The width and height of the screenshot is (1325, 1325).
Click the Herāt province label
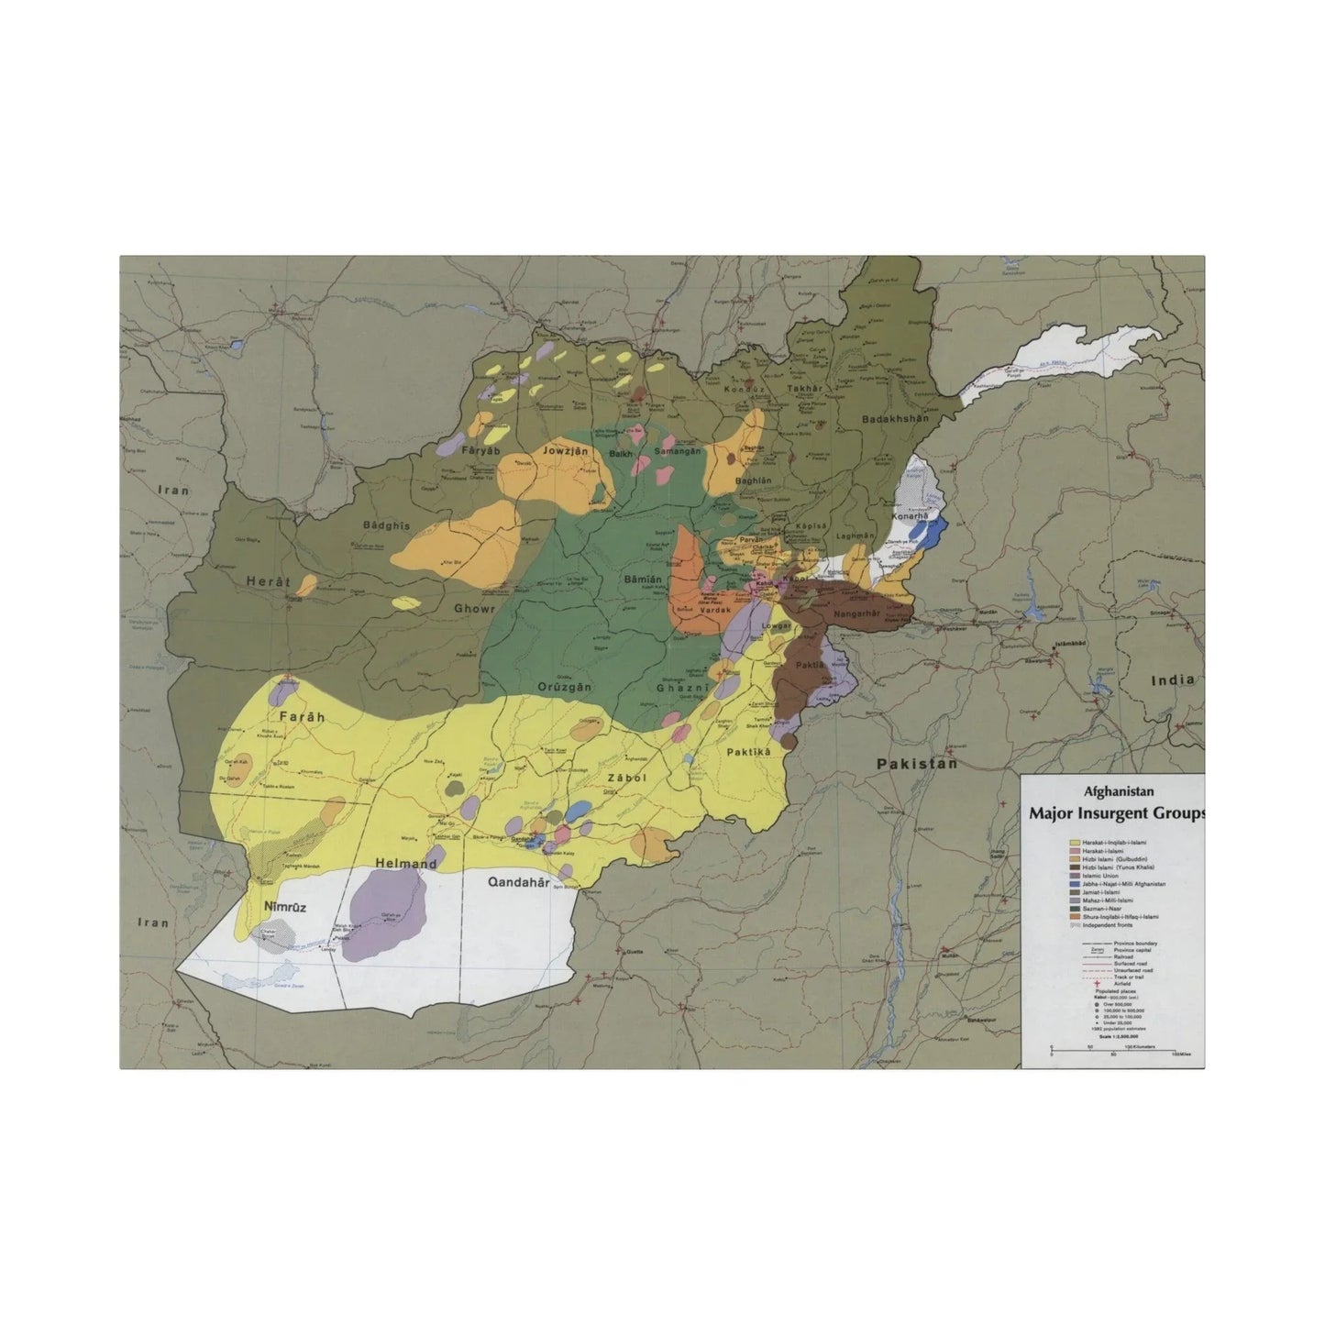[268, 581]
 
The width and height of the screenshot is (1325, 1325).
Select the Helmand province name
[405, 864]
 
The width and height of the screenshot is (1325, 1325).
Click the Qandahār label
[518, 883]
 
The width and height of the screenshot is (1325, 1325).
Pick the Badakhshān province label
[895, 419]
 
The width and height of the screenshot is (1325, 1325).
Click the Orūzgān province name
[564, 687]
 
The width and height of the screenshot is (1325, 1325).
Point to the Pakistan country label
[916, 763]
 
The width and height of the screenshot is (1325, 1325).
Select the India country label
[1174, 679]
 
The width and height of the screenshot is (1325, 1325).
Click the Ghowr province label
[474, 608]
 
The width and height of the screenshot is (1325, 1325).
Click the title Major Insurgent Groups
[1117, 812]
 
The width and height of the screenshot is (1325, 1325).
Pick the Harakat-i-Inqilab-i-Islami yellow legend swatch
[1074, 842]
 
